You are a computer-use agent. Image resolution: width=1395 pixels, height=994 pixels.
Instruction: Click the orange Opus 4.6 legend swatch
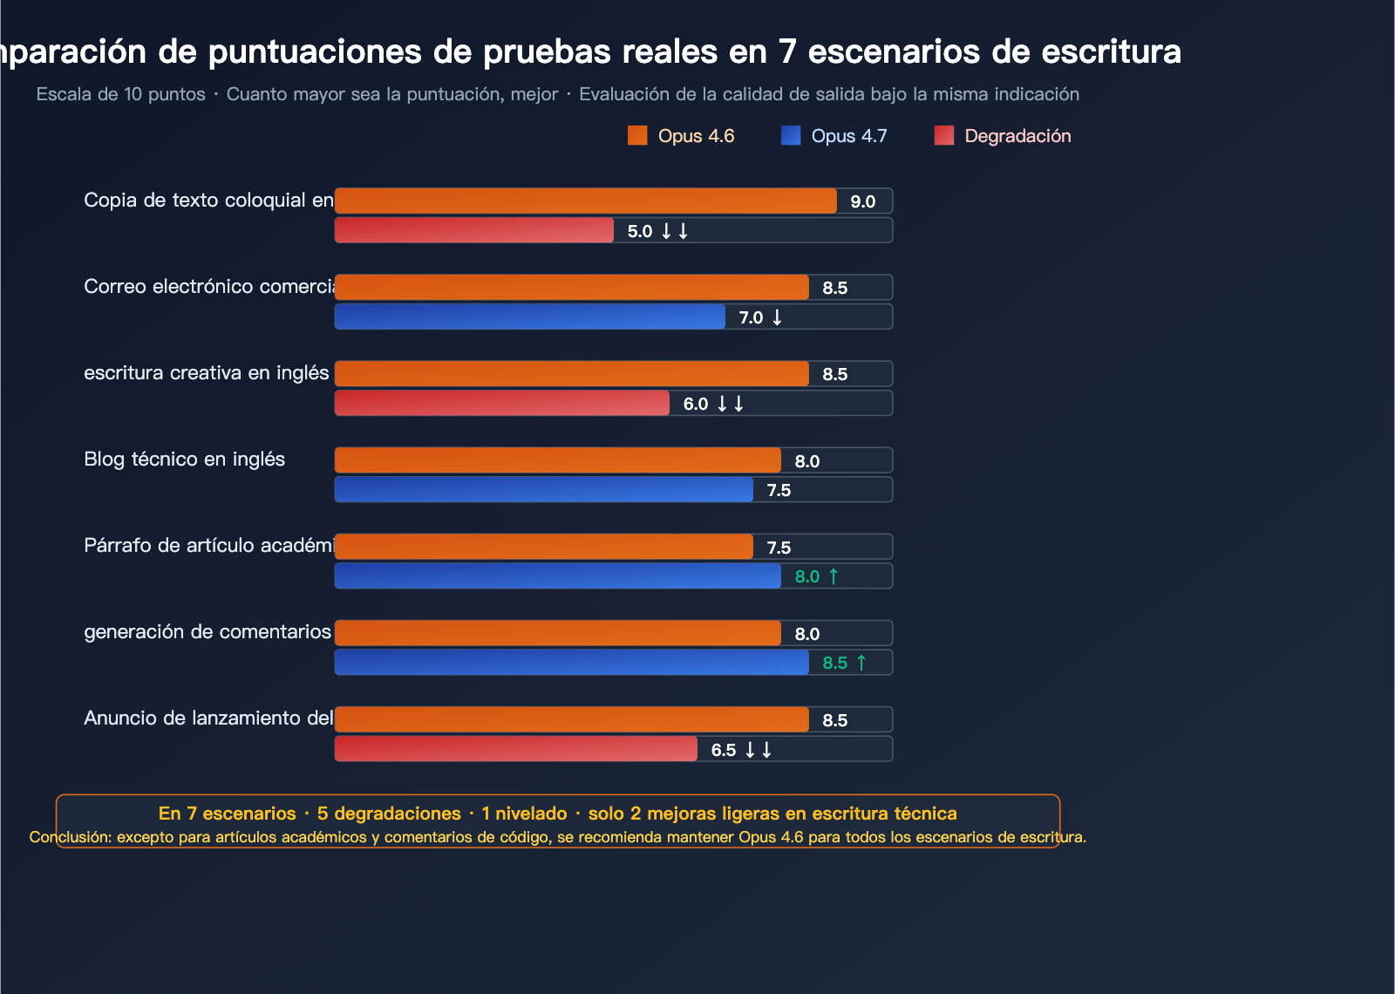pos(637,136)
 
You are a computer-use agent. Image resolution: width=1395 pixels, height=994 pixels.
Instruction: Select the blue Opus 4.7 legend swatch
pos(791,136)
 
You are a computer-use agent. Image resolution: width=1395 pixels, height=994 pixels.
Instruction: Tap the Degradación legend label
pos(1017,136)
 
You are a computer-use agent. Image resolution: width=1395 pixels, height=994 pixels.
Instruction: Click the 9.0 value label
pos(862,201)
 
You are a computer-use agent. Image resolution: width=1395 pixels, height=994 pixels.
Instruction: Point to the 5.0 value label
pos(640,231)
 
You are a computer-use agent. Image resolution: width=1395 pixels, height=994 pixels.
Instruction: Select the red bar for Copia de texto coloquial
pos(474,230)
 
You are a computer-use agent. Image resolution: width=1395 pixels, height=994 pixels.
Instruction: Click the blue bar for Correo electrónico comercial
pos(530,317)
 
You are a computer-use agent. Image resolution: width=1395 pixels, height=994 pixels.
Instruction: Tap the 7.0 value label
pos(751,317)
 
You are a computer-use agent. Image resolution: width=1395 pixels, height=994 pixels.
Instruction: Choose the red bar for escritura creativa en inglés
pos(502,403)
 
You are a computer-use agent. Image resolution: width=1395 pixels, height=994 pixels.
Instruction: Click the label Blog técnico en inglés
pos(184,460)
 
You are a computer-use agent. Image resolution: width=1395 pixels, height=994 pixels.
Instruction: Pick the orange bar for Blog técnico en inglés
pos(558,460)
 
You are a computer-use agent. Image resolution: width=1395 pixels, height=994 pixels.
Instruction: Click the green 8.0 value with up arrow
pos(816,576)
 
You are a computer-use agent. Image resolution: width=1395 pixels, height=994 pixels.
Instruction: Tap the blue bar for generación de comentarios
pos(572,663)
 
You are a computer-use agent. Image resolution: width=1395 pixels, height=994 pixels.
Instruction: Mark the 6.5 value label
pos(724,750)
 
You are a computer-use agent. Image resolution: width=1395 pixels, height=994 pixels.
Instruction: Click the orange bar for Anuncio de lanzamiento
pos(572,719)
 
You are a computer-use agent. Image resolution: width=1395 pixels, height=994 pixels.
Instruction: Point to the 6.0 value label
pos(696,404)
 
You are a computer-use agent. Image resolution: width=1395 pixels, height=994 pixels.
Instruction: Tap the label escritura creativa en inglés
pos(206,373)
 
